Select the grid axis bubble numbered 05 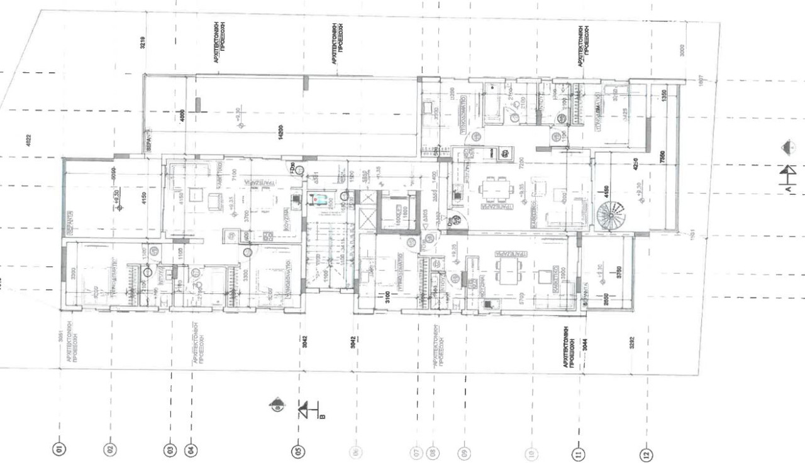pos(298,450)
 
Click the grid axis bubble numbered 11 pos(579,453)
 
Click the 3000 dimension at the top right pos(684,51)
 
